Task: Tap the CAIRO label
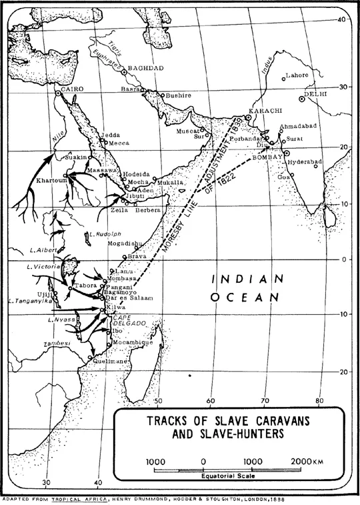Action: coord(70,88)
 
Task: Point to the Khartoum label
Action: coord(50,180)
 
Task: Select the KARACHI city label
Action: coord(264,109)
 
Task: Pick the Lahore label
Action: coord(297,75)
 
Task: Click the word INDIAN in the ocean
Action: coord(242,279)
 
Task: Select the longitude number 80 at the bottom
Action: coord(319,401)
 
